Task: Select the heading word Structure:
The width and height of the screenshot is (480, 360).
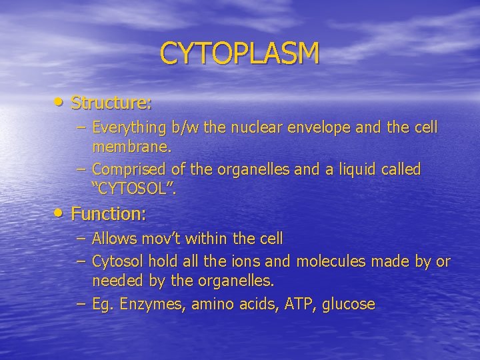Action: [111, 103]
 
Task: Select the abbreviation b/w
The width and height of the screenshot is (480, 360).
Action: [178, 127]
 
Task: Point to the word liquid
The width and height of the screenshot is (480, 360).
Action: [354, 169]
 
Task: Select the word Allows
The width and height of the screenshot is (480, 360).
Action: [113, 238]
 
